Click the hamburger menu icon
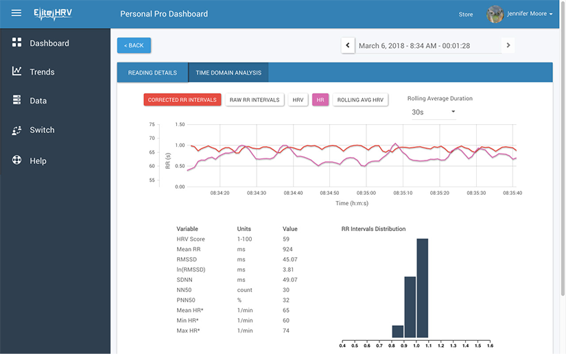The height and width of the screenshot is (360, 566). (16, 14)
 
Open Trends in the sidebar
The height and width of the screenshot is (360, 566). (42, 72)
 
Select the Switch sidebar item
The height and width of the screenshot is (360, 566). (42, 130)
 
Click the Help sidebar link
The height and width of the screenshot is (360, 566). (38, 161)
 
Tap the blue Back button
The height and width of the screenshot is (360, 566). (134, 45)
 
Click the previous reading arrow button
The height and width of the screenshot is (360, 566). (348, 46)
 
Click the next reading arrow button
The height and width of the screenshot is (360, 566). (508, 46)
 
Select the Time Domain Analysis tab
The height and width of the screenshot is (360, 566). (228, 73)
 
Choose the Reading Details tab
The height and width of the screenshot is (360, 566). (152, 73)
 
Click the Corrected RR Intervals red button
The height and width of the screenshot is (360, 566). (182, 100)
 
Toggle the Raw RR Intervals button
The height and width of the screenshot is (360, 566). (255, 100)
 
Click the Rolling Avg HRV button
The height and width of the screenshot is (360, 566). (361, 100)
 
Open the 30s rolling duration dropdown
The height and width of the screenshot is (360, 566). (434, 112)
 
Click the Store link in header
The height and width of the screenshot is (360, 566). (466, 14)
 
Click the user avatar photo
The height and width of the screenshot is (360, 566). (495, 14)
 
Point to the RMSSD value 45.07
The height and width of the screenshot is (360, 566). (290, 260)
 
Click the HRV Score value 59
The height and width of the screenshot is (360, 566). (286, 239)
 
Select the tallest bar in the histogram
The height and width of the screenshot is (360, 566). (423, 288)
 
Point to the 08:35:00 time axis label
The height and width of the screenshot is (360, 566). (366, 193)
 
